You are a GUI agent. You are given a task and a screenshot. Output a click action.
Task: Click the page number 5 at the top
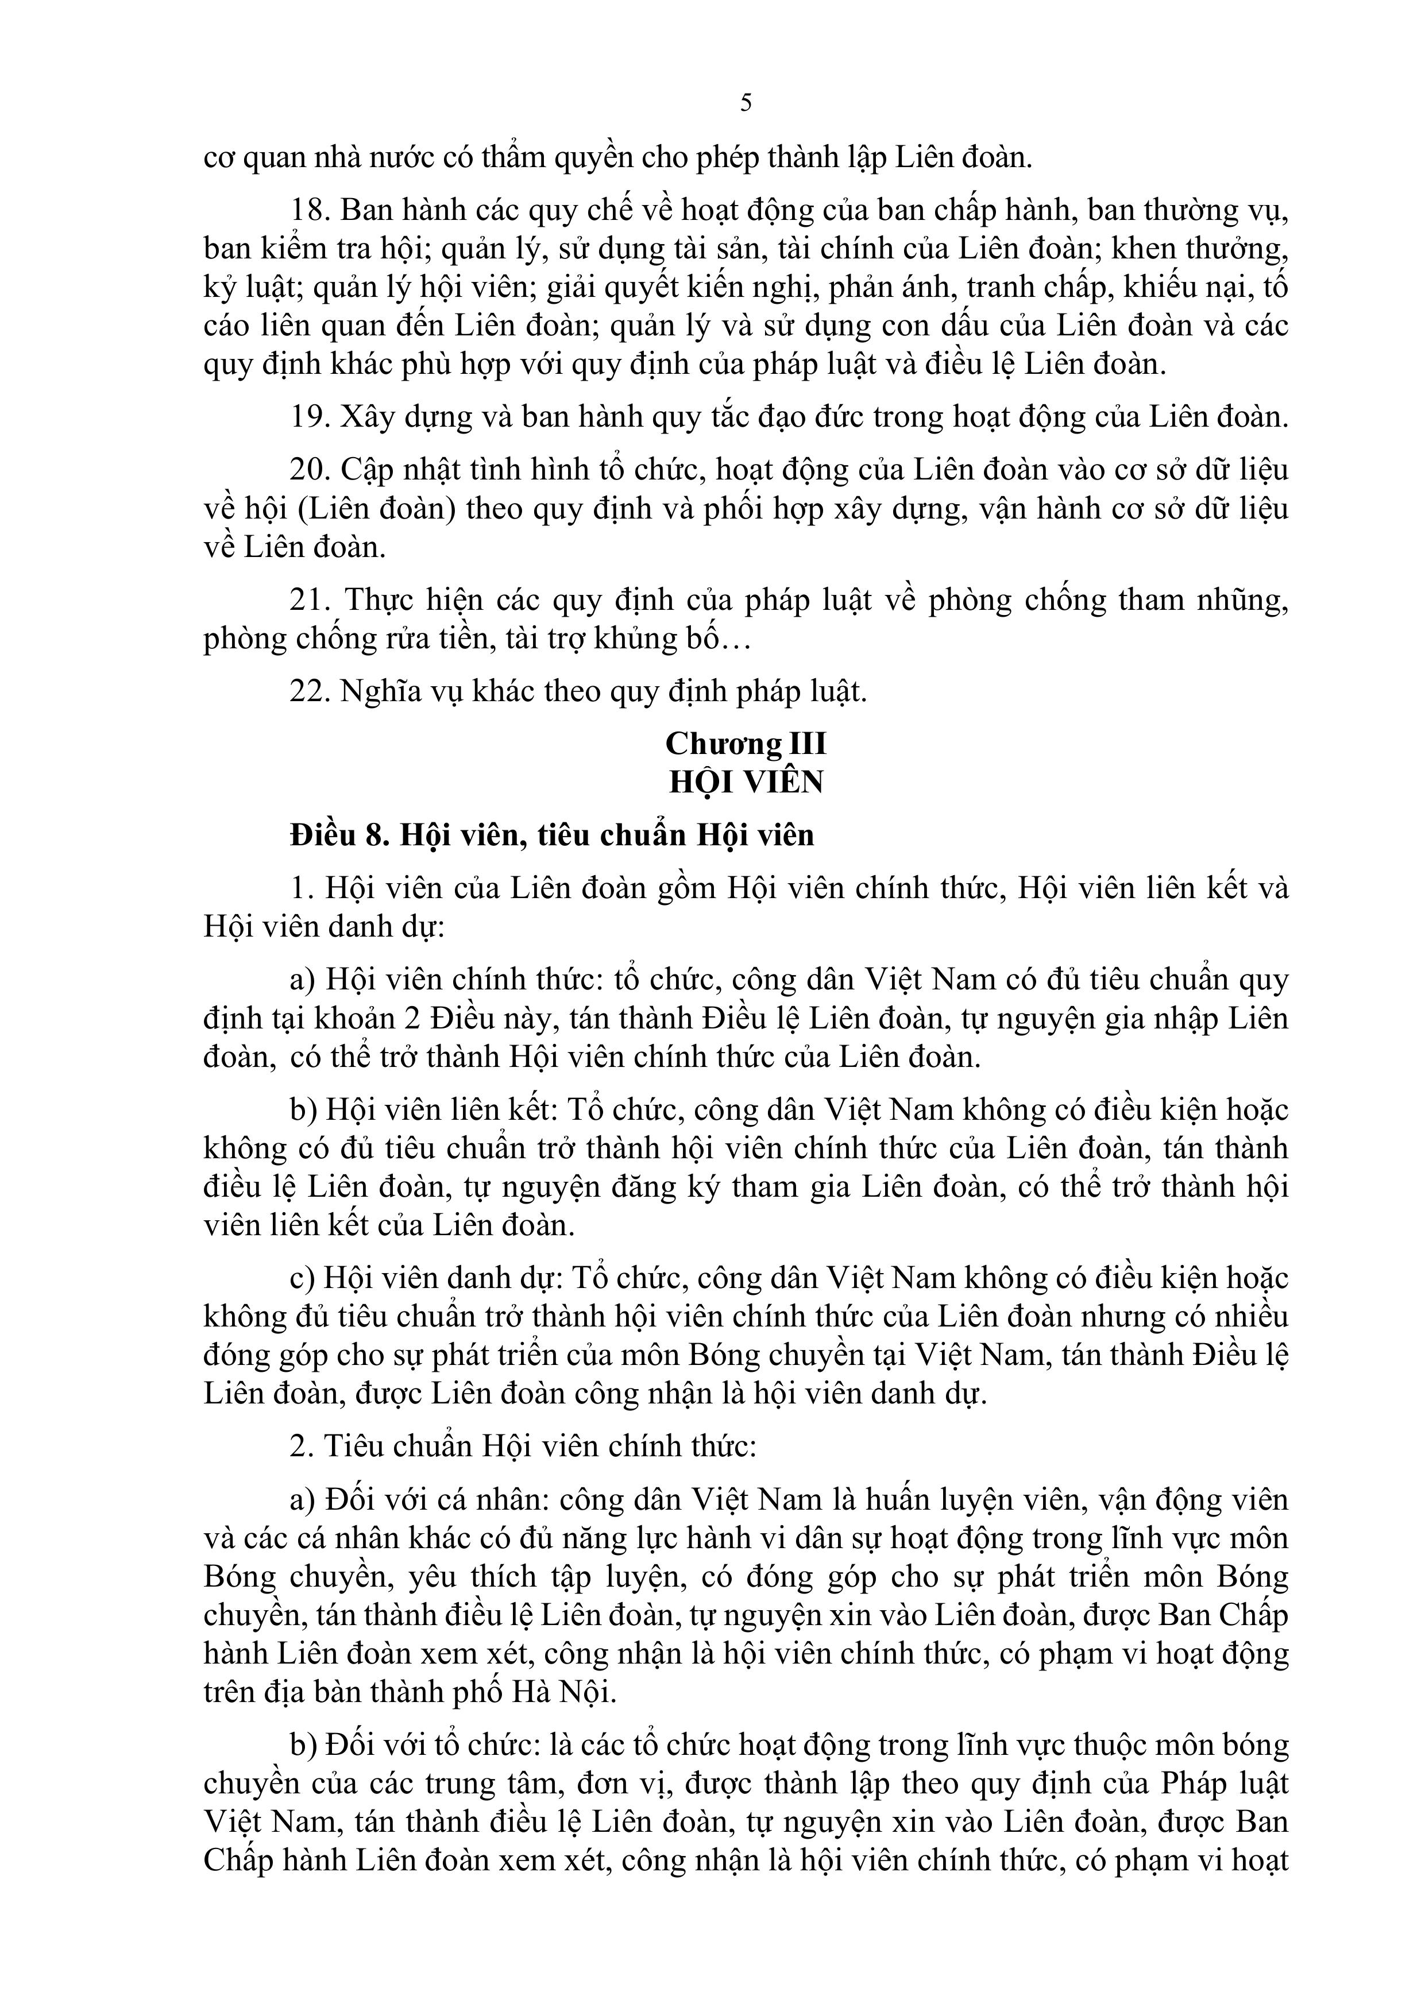click(746, 103)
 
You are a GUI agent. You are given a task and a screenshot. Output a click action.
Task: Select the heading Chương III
click(746, 743)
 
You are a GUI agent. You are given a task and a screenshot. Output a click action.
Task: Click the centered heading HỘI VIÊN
click(746, 782)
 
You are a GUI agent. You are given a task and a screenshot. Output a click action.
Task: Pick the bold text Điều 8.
click(340, 834)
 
